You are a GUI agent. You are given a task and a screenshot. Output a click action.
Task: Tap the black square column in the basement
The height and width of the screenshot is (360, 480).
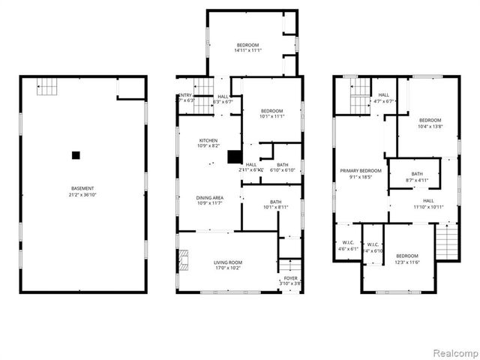click(75, 155)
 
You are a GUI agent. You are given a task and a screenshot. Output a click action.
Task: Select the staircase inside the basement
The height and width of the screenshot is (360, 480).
click(47, 88)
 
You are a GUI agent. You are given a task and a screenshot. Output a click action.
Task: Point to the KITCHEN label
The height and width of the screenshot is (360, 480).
click(208, 143)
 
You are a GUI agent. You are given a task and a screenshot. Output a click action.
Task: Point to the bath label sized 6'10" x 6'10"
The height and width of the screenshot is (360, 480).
click(282, 168)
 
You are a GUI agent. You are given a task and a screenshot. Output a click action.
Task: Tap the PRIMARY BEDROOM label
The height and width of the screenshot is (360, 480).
click(361, 174)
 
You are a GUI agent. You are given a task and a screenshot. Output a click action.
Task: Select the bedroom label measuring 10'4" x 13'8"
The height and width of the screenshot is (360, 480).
click(430, 124)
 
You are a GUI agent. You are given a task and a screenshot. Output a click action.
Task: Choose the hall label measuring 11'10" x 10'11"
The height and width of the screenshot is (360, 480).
click(428, 204)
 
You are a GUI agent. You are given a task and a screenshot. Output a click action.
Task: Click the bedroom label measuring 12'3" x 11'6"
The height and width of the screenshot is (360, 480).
click(407, 259)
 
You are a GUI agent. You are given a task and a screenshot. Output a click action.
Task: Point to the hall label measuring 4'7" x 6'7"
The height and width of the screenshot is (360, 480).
click(383, 98)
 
